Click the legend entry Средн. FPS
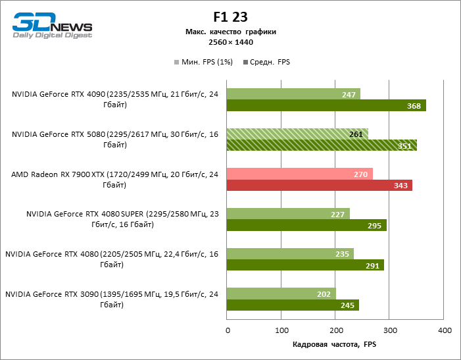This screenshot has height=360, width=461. tap(266, 63)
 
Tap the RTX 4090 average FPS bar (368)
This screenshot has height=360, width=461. tap(326, 106)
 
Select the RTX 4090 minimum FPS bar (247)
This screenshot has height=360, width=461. tap(293, 94)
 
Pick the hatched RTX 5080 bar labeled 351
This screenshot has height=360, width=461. tap(322, 145)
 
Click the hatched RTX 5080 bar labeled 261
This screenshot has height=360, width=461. tap(297, 134)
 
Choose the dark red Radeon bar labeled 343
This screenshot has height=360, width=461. tap(320, 186)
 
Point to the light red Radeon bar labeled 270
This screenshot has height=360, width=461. tap(300, 174)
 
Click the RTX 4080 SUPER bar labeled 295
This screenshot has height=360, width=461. tap(306, 225)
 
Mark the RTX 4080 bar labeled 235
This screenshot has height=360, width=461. tap(290, 253)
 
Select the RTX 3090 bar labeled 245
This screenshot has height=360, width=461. tap(293, 305)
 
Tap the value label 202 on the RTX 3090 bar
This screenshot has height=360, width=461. tap(324, 293)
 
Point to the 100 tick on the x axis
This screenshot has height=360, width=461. tap(281, 330)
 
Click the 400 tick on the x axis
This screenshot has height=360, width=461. tap(445, 330)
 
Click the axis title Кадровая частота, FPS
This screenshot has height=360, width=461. tap(335, 344)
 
